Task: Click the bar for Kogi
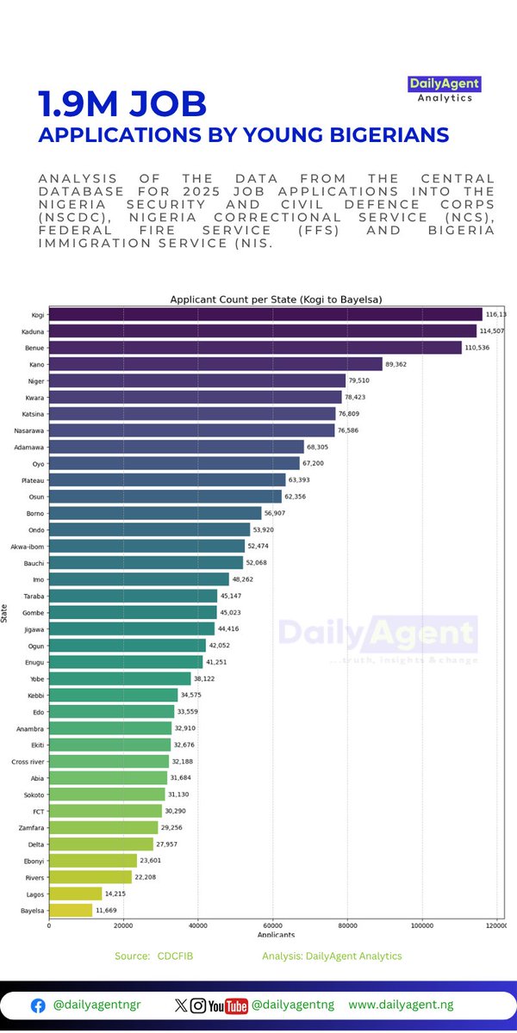pos(265,315)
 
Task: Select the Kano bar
pos(215,364)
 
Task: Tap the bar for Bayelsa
pos(71,910)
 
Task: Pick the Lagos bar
pos(75,894)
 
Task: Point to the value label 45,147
pos(234,596)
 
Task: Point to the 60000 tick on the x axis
pos(272,925)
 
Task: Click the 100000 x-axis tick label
pos(422,925)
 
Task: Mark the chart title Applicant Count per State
pos(276,299)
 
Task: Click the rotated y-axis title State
pos(5,612)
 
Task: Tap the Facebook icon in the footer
pos(38,1005)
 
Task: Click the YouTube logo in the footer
pos(230,1005)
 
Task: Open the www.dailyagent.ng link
pos(401,1005)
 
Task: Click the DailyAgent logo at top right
pos(444,90)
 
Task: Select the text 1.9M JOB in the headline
pos(122,104)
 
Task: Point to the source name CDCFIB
pos(175,956)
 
